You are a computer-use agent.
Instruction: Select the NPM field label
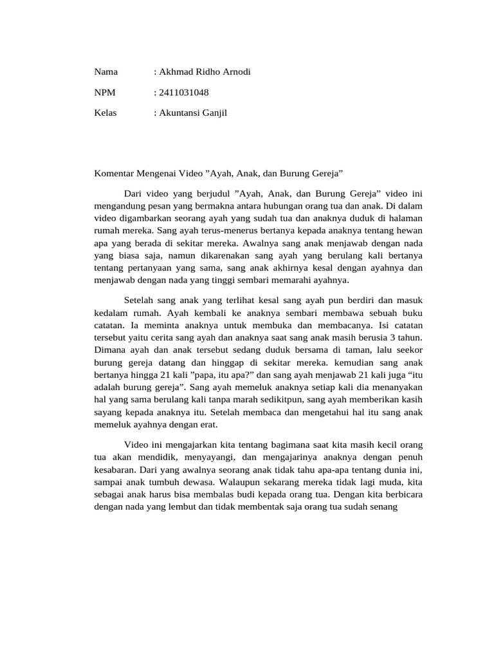pyautogui.click(x=105, y=93)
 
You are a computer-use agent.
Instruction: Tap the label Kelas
pyautogui.click(x=106, y=113)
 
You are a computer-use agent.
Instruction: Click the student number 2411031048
pyautogui.click(x=183, y=93)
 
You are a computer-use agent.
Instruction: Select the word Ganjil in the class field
pyautogui.click(x=213, y=113)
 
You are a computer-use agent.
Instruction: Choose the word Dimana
pyautogui.click(x=111, y=350)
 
